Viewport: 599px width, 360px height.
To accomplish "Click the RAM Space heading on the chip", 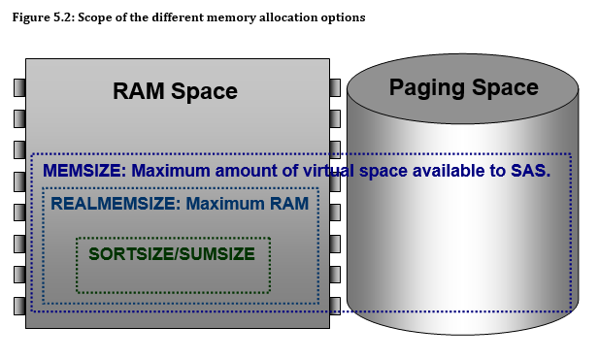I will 175,91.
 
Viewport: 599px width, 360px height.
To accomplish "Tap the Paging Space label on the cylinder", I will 463,87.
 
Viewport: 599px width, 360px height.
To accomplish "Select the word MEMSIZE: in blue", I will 84,171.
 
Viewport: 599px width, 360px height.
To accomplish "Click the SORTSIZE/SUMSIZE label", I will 171,254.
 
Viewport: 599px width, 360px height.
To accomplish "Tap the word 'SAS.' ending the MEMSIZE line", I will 532,171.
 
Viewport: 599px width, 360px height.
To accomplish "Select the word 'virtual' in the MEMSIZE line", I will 351,171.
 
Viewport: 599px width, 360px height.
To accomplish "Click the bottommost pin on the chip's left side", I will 18,305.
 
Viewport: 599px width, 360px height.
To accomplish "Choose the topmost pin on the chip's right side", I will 335,87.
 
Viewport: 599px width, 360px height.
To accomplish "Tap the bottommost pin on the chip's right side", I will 335,305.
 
